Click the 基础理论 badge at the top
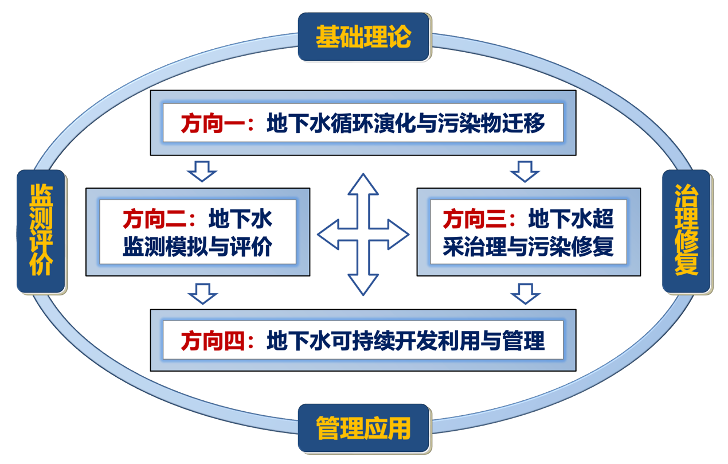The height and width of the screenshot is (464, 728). [x=363, y=37]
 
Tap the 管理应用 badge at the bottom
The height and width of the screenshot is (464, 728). [x=363, y=428]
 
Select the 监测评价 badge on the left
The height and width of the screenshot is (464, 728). [x=41, y=230]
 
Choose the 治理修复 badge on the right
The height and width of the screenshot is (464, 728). [x=686, y=230]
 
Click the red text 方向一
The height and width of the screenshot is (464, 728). [x=206, y=123]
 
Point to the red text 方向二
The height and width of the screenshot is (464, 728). [x=146, y=219]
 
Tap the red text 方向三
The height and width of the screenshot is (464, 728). [x=467, y=219]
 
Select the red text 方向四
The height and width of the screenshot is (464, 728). [x=206, y=341]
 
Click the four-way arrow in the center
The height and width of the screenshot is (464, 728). [x=363, y=233]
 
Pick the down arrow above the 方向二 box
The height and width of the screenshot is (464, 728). [x=202, y=171]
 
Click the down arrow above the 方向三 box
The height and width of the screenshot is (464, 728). [x=525, y=171]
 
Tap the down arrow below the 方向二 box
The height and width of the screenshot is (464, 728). [x=202, y=293]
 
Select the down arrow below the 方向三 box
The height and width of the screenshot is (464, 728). [x=525, y=293]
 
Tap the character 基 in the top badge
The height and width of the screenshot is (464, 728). [x=327, y=37]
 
